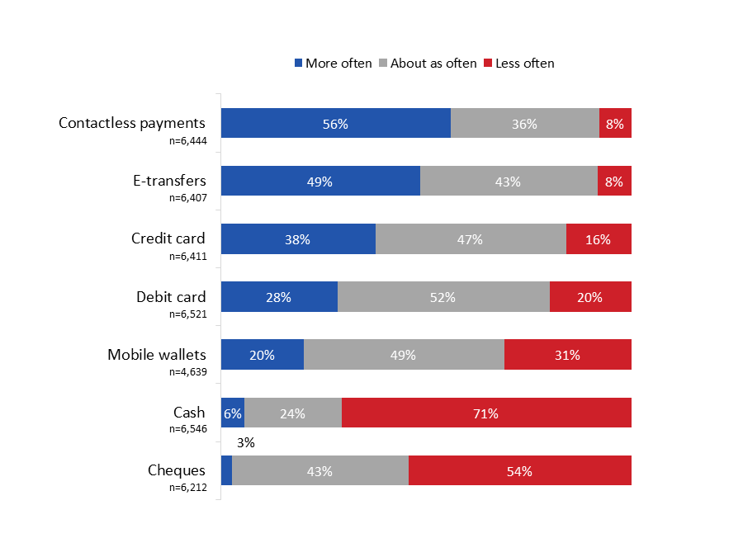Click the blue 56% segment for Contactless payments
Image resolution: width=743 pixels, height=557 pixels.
pos(335,124)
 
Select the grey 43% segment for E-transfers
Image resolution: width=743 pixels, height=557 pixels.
pos(509,182)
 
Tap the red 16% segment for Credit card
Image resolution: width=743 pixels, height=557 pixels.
pos(599,239)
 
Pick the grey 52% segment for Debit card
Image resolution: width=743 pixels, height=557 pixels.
pos(443,297)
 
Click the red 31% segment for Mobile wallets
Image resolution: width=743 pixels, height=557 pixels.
pos(567,355)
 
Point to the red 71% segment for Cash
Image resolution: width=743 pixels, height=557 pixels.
pos(486,413)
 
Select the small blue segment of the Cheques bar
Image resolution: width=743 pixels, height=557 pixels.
pos(226,470)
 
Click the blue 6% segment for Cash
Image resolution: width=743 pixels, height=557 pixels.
pos(232,413)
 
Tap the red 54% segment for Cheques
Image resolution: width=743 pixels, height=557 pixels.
pos(519,470)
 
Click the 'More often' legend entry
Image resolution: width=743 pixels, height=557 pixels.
pos(334,64)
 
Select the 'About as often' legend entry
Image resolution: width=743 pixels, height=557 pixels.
pos(428,64)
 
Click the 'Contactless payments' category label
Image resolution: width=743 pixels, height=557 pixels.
pos(132,123)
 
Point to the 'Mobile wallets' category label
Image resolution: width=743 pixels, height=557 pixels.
pos(156,355)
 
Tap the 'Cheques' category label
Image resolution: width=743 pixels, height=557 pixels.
pos(177,470)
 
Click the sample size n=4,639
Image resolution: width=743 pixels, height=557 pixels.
pos(187,371)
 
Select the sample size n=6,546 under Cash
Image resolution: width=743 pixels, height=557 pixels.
pos(187,429)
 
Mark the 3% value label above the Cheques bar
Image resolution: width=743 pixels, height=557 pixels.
pos(245,443)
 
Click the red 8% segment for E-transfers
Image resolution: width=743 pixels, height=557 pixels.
pos(614,182)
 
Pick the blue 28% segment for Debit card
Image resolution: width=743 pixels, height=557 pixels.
pos(279,297)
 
